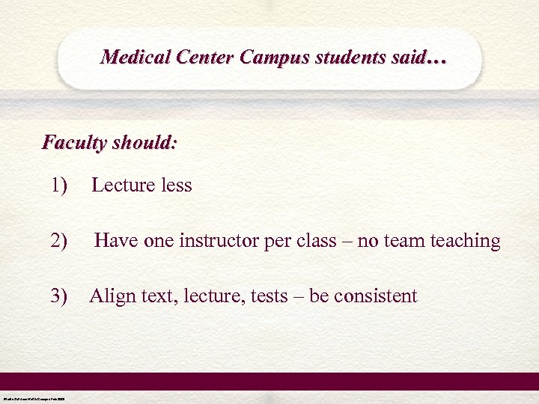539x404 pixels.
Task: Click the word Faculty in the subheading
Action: [x=74, y=142]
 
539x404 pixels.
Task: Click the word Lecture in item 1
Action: [x=124, y=185]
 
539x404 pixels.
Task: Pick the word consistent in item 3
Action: [x=375, y=296]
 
